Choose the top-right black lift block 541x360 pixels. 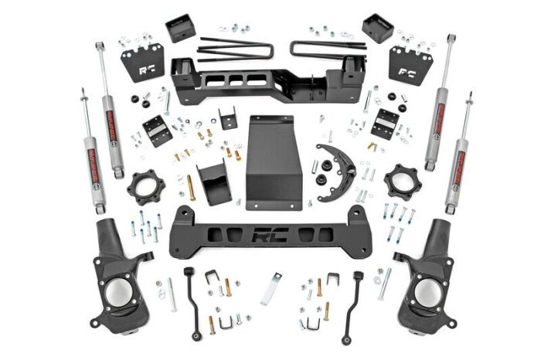[377, 28]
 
